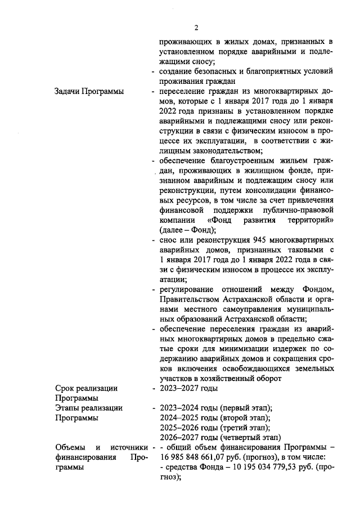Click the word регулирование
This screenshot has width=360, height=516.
187,289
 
